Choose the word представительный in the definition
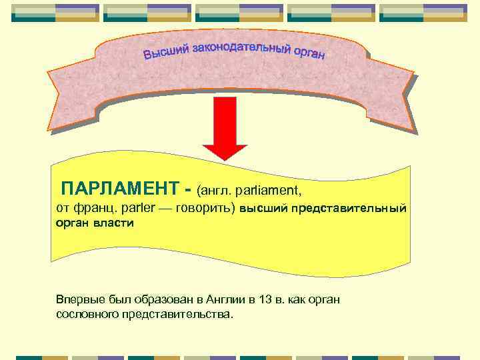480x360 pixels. (x=347, y=209)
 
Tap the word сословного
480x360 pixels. (x=87, y=313)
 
